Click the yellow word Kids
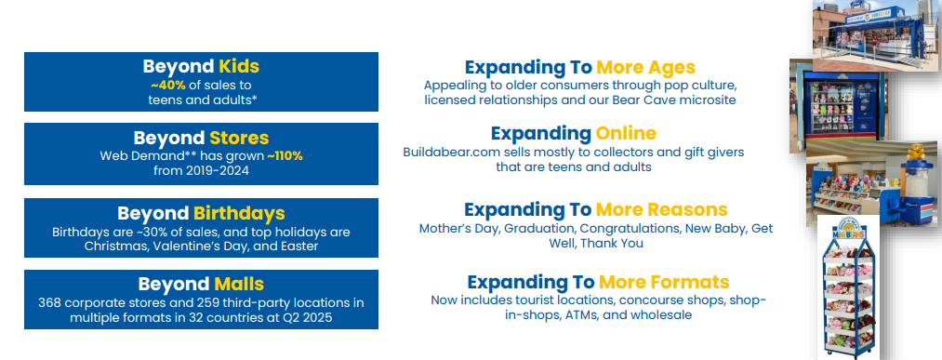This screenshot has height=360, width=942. (x=238, y=66)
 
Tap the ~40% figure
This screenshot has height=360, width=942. (x=167, y=86)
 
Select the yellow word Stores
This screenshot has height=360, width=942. (x=238, y=139)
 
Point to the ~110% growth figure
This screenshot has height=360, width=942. (x=285, y=156)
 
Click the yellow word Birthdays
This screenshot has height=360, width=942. (x=238, y=213)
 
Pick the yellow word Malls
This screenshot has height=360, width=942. (x=238, y=285)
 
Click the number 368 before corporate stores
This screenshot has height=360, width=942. (x=50, y=303)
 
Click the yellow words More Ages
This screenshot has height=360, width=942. (x=645, y=67)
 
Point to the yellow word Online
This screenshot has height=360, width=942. (x=626, y=133)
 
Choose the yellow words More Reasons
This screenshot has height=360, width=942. (x=661, y=209)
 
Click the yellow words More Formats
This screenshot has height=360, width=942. (x=664, y=282)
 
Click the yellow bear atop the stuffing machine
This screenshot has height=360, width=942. (x=915, y=152)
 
